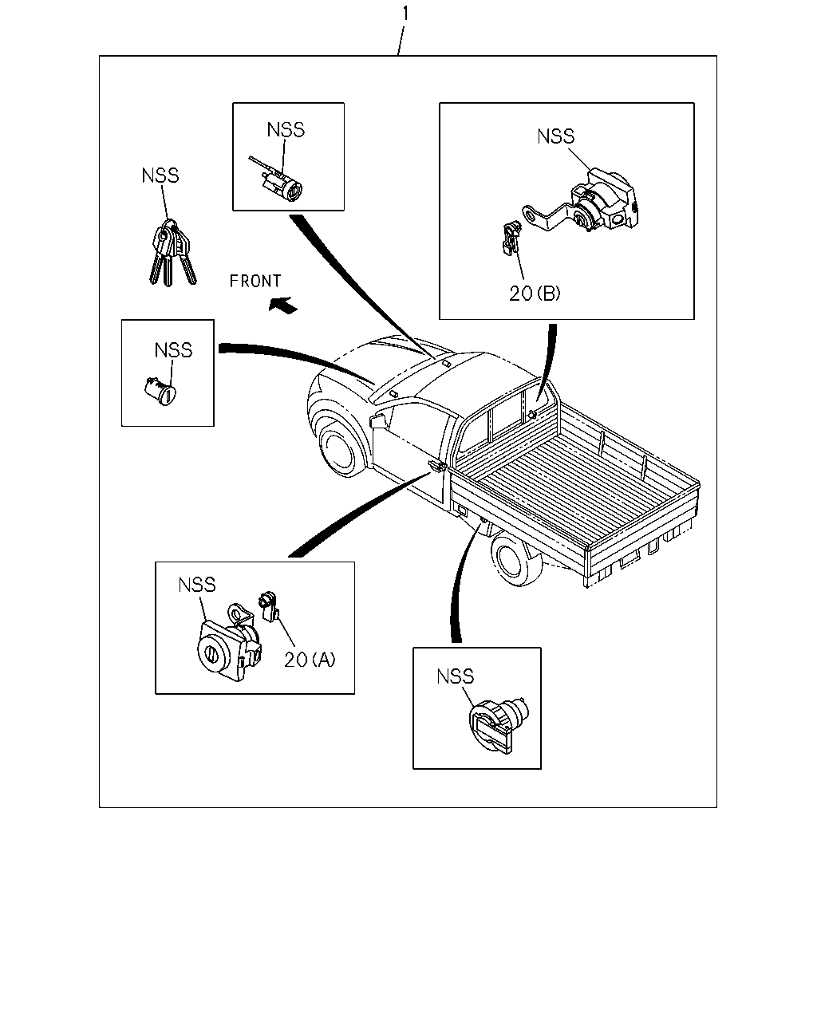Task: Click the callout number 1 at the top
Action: (x=405, y=14)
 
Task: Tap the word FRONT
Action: (x=255, y=282)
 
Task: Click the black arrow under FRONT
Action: (x=283, y=305)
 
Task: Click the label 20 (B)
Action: (x=535, y=294)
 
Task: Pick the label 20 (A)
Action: (x=310, y=660)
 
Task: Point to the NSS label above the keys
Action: (x=160, y=175)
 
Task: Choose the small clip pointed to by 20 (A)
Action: (x=270, y=606)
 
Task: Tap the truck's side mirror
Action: (x=378, y=420)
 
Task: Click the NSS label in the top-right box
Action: (x=556, y=136)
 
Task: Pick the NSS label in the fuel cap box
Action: (x=456, y=676)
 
